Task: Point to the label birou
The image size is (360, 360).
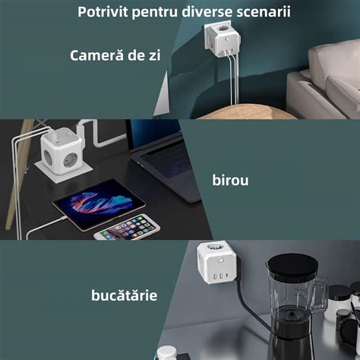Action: [x=231, y=180]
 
